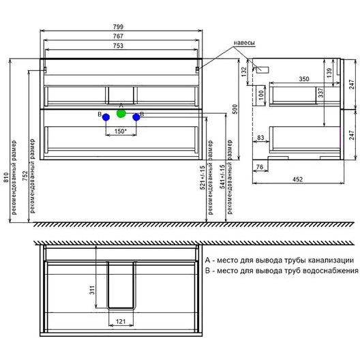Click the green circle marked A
[121, 113]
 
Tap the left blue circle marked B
[106, 117]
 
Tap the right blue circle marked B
[136, 117]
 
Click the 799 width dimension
[118, 27]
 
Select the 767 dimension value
[118, 36]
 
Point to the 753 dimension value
[118, 46]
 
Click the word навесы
[244, 43]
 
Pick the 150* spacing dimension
[121, 132]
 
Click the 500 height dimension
[235, 109]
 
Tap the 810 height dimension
[6, 177]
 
